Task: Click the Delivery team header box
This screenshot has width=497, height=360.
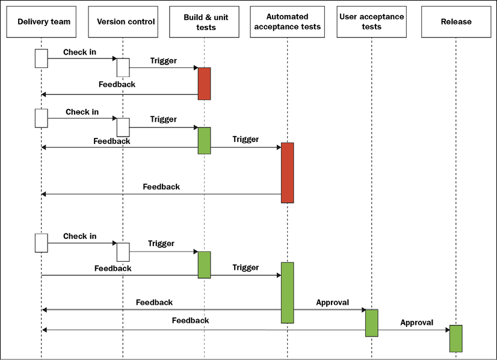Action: pyautogui.click(x=41, y=22)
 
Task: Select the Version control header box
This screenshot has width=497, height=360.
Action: pyautogui.click(x=123, y=22)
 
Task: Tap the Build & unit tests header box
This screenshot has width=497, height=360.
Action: pyautogui.click(x=204, y=22)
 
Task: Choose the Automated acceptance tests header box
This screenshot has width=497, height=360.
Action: pyautogui.click(x=287, y=22)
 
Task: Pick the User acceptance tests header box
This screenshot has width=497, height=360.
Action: pyautogui.click(x=371, y=22)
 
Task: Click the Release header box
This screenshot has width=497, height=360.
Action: pyautogui.click(x=456, y=22)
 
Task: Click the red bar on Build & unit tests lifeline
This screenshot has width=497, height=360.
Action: pyautogui.click(x=204, y=84)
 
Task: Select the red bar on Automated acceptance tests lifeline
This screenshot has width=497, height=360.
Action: pyautogui.click(x=287, y=173)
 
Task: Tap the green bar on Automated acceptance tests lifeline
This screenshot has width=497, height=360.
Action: pyautogui.click(x=287, y=293)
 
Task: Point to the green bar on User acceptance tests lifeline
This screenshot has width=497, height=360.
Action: pyautogui.click(x=371, y=323)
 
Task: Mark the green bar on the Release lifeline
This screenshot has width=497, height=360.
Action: pyautogui.click(x=456, y=338)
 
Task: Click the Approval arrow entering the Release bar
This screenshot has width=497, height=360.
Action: pyautogui.click(x=414, y=330)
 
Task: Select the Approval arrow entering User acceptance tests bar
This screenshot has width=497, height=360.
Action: pyautogui.click(x=330, y=309)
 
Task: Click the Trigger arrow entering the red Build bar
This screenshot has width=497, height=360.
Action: pyautogui.click(x=164, y=67)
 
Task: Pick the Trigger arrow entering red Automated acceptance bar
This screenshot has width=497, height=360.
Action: pyautogui.click(x=246, y=147)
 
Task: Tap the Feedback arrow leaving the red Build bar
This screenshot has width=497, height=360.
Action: pyautogui.click(x=120, y=94)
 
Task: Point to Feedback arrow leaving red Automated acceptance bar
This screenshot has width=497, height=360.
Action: pyautogui.click(x=161, y=194)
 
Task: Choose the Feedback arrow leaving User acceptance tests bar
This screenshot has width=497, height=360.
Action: pyautogui.click(x=204, y=330)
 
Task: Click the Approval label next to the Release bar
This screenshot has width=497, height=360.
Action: pyautogui.click(x=416, y=323)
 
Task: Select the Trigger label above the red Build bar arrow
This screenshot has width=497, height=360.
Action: pyautogui.click(x=164, y=61)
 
